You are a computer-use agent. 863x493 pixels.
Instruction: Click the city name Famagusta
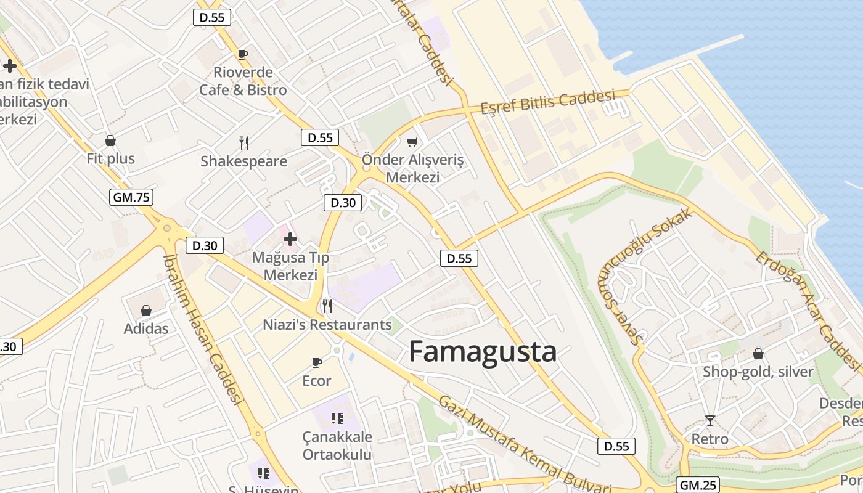click(483, 352)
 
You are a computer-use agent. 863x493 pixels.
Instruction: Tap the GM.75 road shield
click(131, 197)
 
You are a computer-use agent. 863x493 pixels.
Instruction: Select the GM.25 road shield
click(698, 484)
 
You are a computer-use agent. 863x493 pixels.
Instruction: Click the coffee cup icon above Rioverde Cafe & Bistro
click(243, 54)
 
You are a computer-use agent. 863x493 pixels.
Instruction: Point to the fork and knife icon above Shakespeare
click(244, 143)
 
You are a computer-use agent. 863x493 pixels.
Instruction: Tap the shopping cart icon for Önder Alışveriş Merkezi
click(412, 142)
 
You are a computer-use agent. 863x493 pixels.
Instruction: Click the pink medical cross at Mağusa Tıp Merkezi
click(290, 238)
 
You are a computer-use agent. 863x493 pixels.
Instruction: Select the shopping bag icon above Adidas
click(146, 311)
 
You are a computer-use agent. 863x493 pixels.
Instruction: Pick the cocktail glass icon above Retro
click(710, 421)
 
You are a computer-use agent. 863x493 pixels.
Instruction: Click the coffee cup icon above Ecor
click(317, 362)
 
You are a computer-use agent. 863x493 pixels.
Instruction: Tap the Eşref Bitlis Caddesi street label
click(548, 102)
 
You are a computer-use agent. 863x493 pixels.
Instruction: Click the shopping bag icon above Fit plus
click(110, 141)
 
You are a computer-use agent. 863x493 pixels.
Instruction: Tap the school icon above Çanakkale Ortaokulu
click(337, 418)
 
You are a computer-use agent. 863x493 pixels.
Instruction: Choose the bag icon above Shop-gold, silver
click(758, 354)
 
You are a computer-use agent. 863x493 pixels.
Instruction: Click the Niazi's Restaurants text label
click(327, 325)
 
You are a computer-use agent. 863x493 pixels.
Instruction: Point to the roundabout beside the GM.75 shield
click(166, 228)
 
